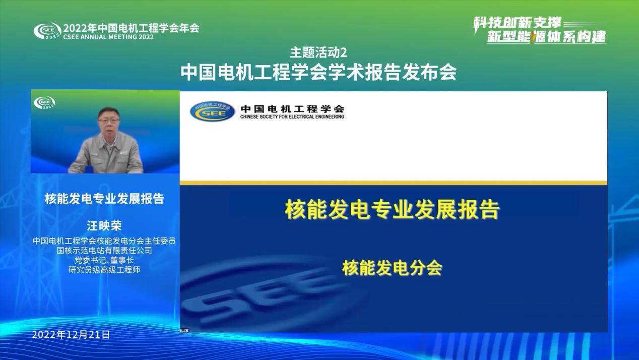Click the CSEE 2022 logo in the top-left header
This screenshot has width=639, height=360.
pos(47,31)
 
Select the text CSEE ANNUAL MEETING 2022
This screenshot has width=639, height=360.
pos(108,37)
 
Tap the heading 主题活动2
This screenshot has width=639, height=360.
pos(318,52)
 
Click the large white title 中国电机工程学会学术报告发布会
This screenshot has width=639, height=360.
pos(318,72)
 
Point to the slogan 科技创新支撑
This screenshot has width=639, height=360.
pos(517,23)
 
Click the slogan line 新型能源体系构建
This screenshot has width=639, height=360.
pos(546,37)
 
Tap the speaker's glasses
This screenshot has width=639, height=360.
pos(108,121)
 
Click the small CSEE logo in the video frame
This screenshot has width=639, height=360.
pos(44,103)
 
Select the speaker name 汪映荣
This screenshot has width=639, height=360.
pos(104,226)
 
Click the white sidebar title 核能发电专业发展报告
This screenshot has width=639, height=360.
pos(104,199)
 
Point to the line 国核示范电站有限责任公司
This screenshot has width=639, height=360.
pos(104,251)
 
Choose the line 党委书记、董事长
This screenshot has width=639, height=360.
pos(104,260)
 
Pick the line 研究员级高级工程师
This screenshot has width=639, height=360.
pos(104,270)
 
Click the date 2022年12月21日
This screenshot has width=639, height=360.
pos(71,335)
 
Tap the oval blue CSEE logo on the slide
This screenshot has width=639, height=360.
pos(212,111)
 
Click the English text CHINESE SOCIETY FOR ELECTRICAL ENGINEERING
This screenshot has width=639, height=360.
pos(292,117)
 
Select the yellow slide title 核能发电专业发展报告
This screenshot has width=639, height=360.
pos(392,210)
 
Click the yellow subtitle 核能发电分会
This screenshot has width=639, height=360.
pos(392,268)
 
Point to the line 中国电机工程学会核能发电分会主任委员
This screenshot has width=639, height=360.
pos(104,241)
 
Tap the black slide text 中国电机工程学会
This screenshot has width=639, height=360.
pos(292,109)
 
